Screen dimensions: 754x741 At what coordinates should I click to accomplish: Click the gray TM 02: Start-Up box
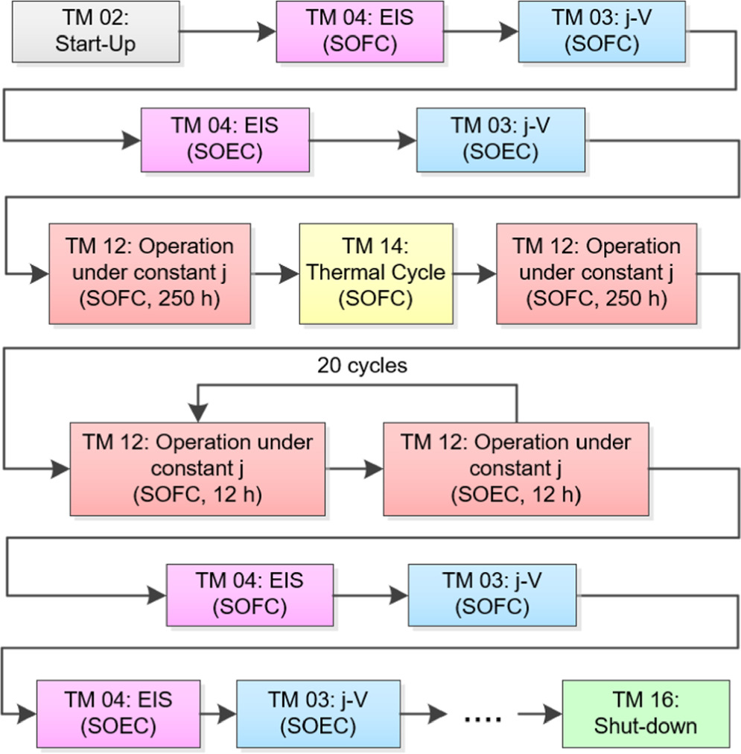point(95,31)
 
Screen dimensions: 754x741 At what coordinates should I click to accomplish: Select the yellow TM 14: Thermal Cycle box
point(376,273)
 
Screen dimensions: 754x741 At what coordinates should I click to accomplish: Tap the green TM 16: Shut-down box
point(645,713)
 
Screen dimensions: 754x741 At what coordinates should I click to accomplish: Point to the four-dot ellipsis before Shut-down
point(482,717)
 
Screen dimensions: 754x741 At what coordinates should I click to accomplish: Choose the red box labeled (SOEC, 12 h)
point(515,469)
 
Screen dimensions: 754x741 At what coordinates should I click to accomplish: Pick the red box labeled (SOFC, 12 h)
point(197,469)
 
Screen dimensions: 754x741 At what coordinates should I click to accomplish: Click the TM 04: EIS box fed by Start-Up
point(360,31)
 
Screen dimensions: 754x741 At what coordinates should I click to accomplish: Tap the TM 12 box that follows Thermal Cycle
point(596,273)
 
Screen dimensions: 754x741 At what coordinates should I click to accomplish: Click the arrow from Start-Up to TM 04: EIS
point(227,31)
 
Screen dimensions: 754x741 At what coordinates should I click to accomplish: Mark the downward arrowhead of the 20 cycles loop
point(197,413)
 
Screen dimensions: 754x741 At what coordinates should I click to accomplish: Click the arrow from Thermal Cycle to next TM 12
point(474,273)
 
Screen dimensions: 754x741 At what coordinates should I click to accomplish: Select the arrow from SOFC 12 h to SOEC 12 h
point(354,469)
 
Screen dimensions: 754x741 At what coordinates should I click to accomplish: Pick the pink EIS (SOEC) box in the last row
point(118,713)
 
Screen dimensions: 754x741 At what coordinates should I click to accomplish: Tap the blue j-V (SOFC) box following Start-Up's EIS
point(602,31)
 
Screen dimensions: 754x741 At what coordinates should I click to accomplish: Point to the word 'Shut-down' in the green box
point(645,726)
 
